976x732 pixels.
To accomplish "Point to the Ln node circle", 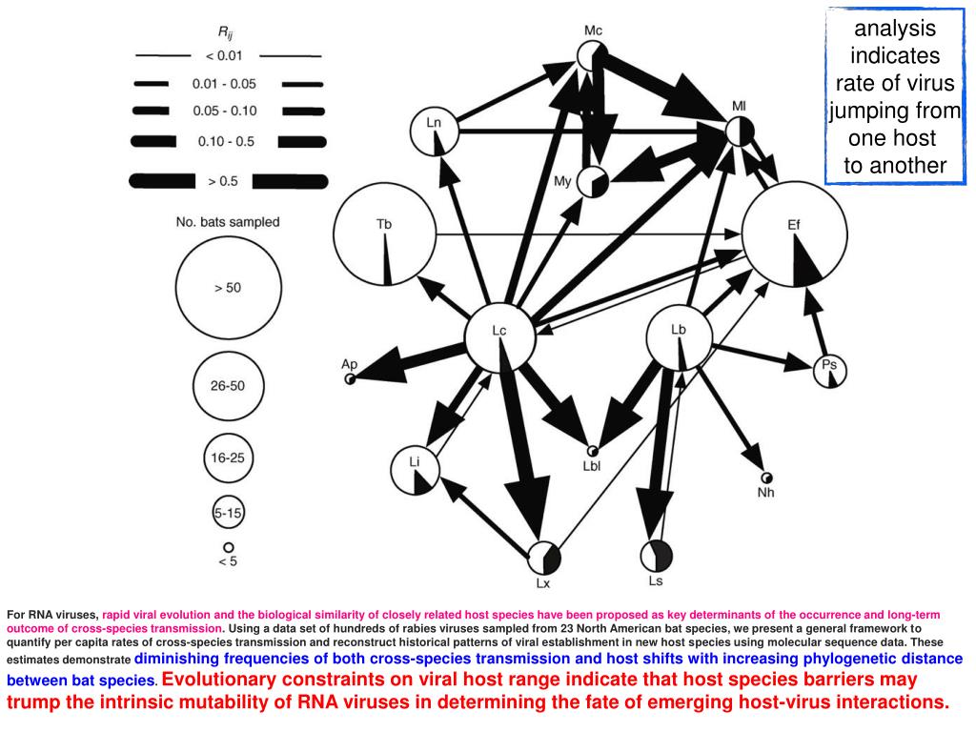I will tap(435, 132).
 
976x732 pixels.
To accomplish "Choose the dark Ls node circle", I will tap(658, 555).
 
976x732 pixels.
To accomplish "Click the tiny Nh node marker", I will tap(766, 478).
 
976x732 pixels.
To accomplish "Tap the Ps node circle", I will tap(830, 371).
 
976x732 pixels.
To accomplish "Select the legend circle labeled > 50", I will tap(228, 287).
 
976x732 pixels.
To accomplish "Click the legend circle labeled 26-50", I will tap(228, 386).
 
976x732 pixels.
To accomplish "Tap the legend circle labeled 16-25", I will tap(228, 457).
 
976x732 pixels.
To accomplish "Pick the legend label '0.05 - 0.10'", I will tap(226, 112).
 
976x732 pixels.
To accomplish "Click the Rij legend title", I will tap(229, 31).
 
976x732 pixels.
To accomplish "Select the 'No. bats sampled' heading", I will tap(228, 222).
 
